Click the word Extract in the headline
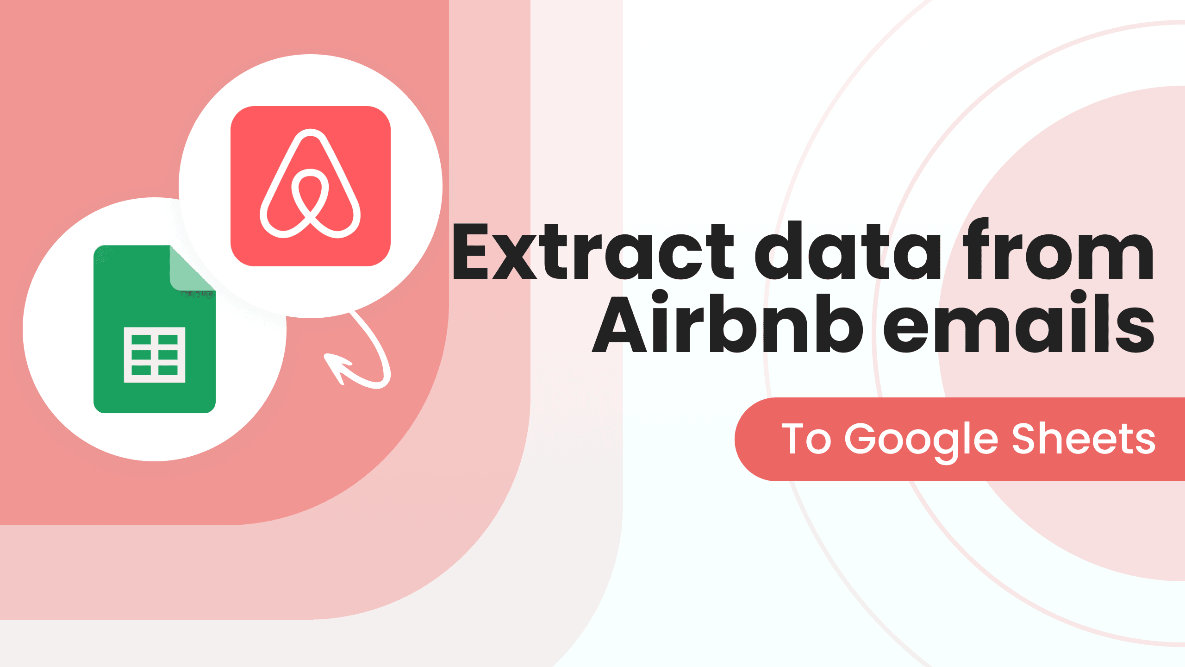[x=592, y=252]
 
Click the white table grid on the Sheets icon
[x=155, y=355]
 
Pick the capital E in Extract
[x=470, y=252]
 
